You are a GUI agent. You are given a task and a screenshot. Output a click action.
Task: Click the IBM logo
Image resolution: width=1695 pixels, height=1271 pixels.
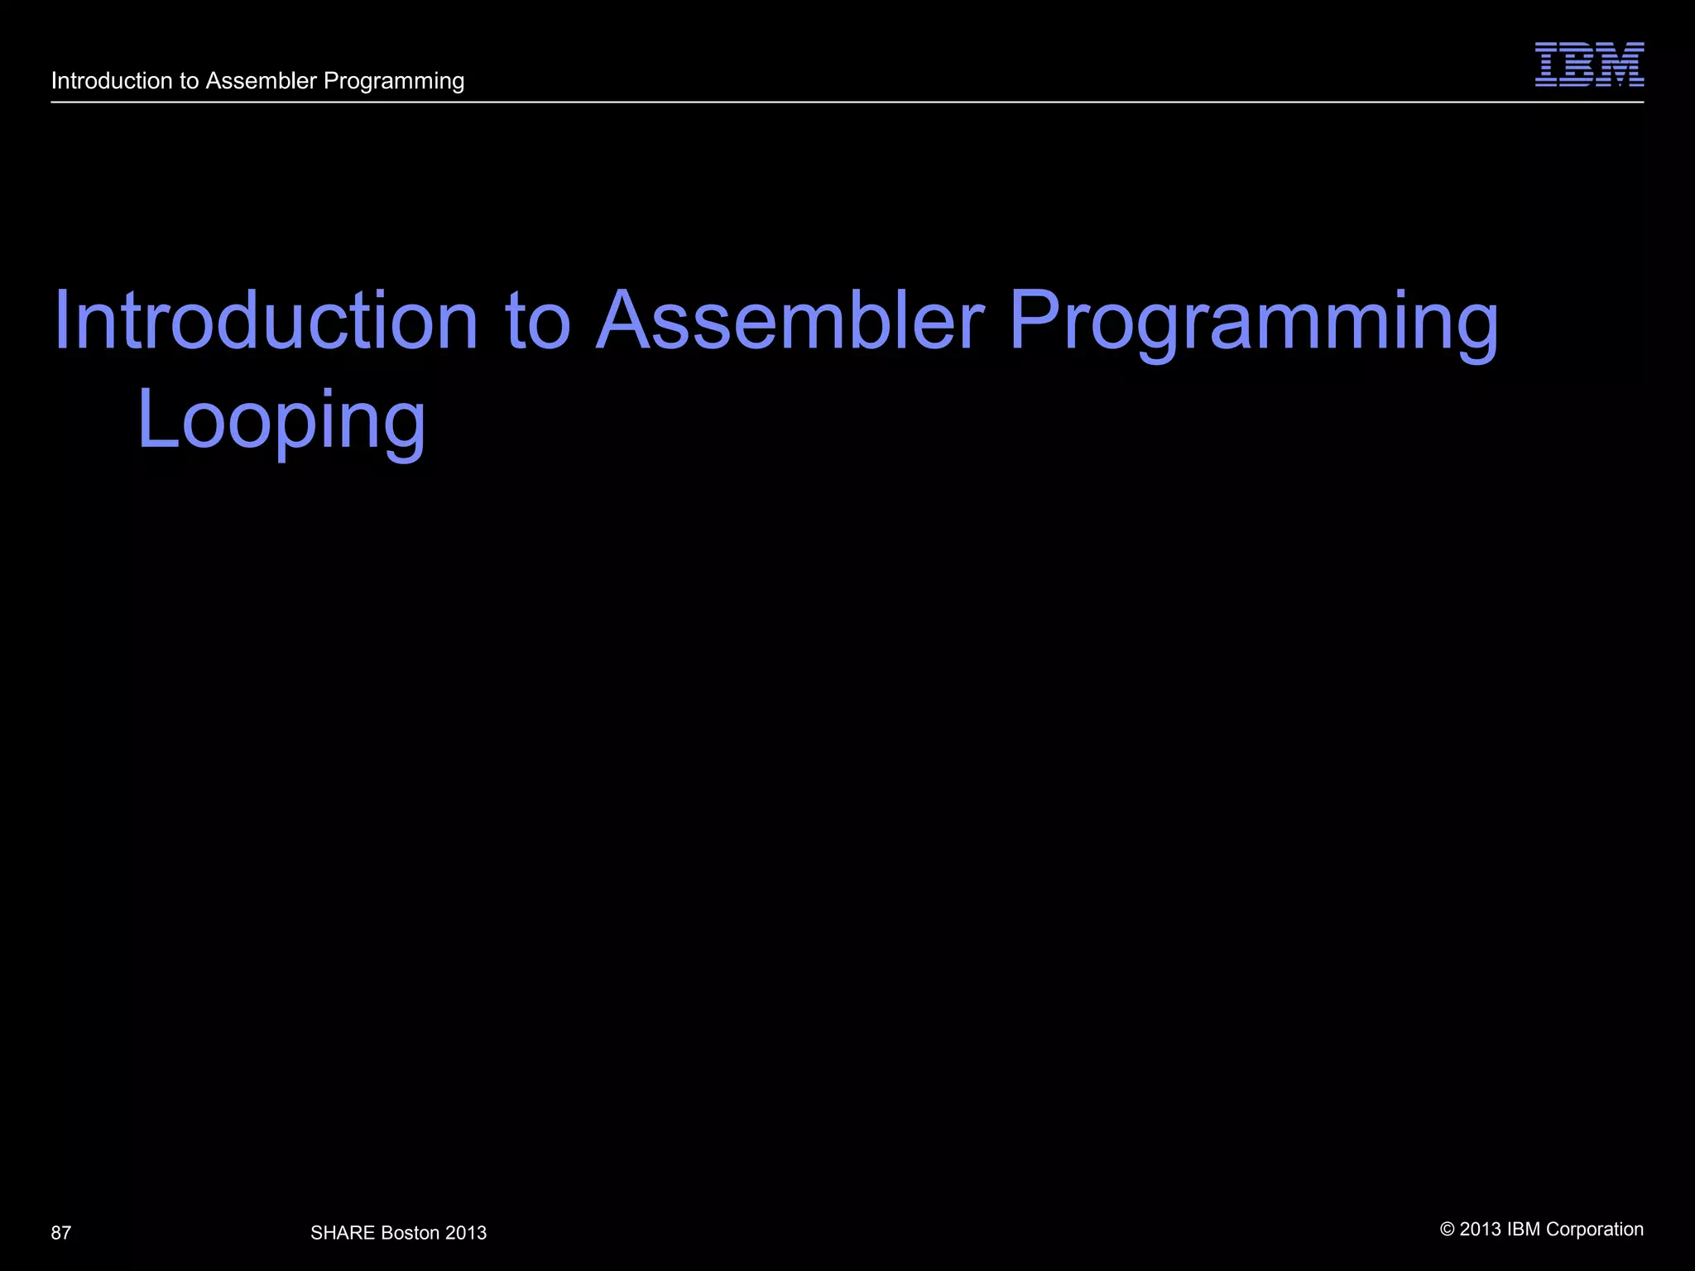click(x=1589, y=65)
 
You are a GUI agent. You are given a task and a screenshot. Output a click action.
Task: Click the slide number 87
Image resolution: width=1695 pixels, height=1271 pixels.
click(x=61, y=1233)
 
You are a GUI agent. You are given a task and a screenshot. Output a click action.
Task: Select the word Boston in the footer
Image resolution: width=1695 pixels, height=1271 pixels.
click(x=411, y=1233)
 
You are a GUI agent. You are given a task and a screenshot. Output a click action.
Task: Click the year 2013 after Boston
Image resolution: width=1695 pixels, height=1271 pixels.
click(x=466, y=1233)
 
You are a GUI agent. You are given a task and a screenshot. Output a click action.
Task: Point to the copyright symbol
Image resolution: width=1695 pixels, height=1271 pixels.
click(x=1448, y=1230)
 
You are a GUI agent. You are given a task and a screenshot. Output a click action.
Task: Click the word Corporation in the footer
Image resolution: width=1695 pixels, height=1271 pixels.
click(x=1595, y=1230)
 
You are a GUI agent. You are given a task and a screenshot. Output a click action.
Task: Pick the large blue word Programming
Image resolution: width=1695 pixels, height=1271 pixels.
click(x=1254, y=323)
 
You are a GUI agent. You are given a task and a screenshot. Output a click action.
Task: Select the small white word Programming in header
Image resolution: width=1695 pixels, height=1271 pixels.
click(x=394, y=81)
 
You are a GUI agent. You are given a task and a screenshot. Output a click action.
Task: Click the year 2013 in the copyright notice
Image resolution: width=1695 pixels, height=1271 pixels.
click(x=1481, y=1230)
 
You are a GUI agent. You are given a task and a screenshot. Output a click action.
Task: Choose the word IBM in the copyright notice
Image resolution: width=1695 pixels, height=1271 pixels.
click(x=1524, y=1230)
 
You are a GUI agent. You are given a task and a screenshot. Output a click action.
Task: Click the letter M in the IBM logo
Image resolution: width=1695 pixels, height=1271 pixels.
click(x=1622, y=65)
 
